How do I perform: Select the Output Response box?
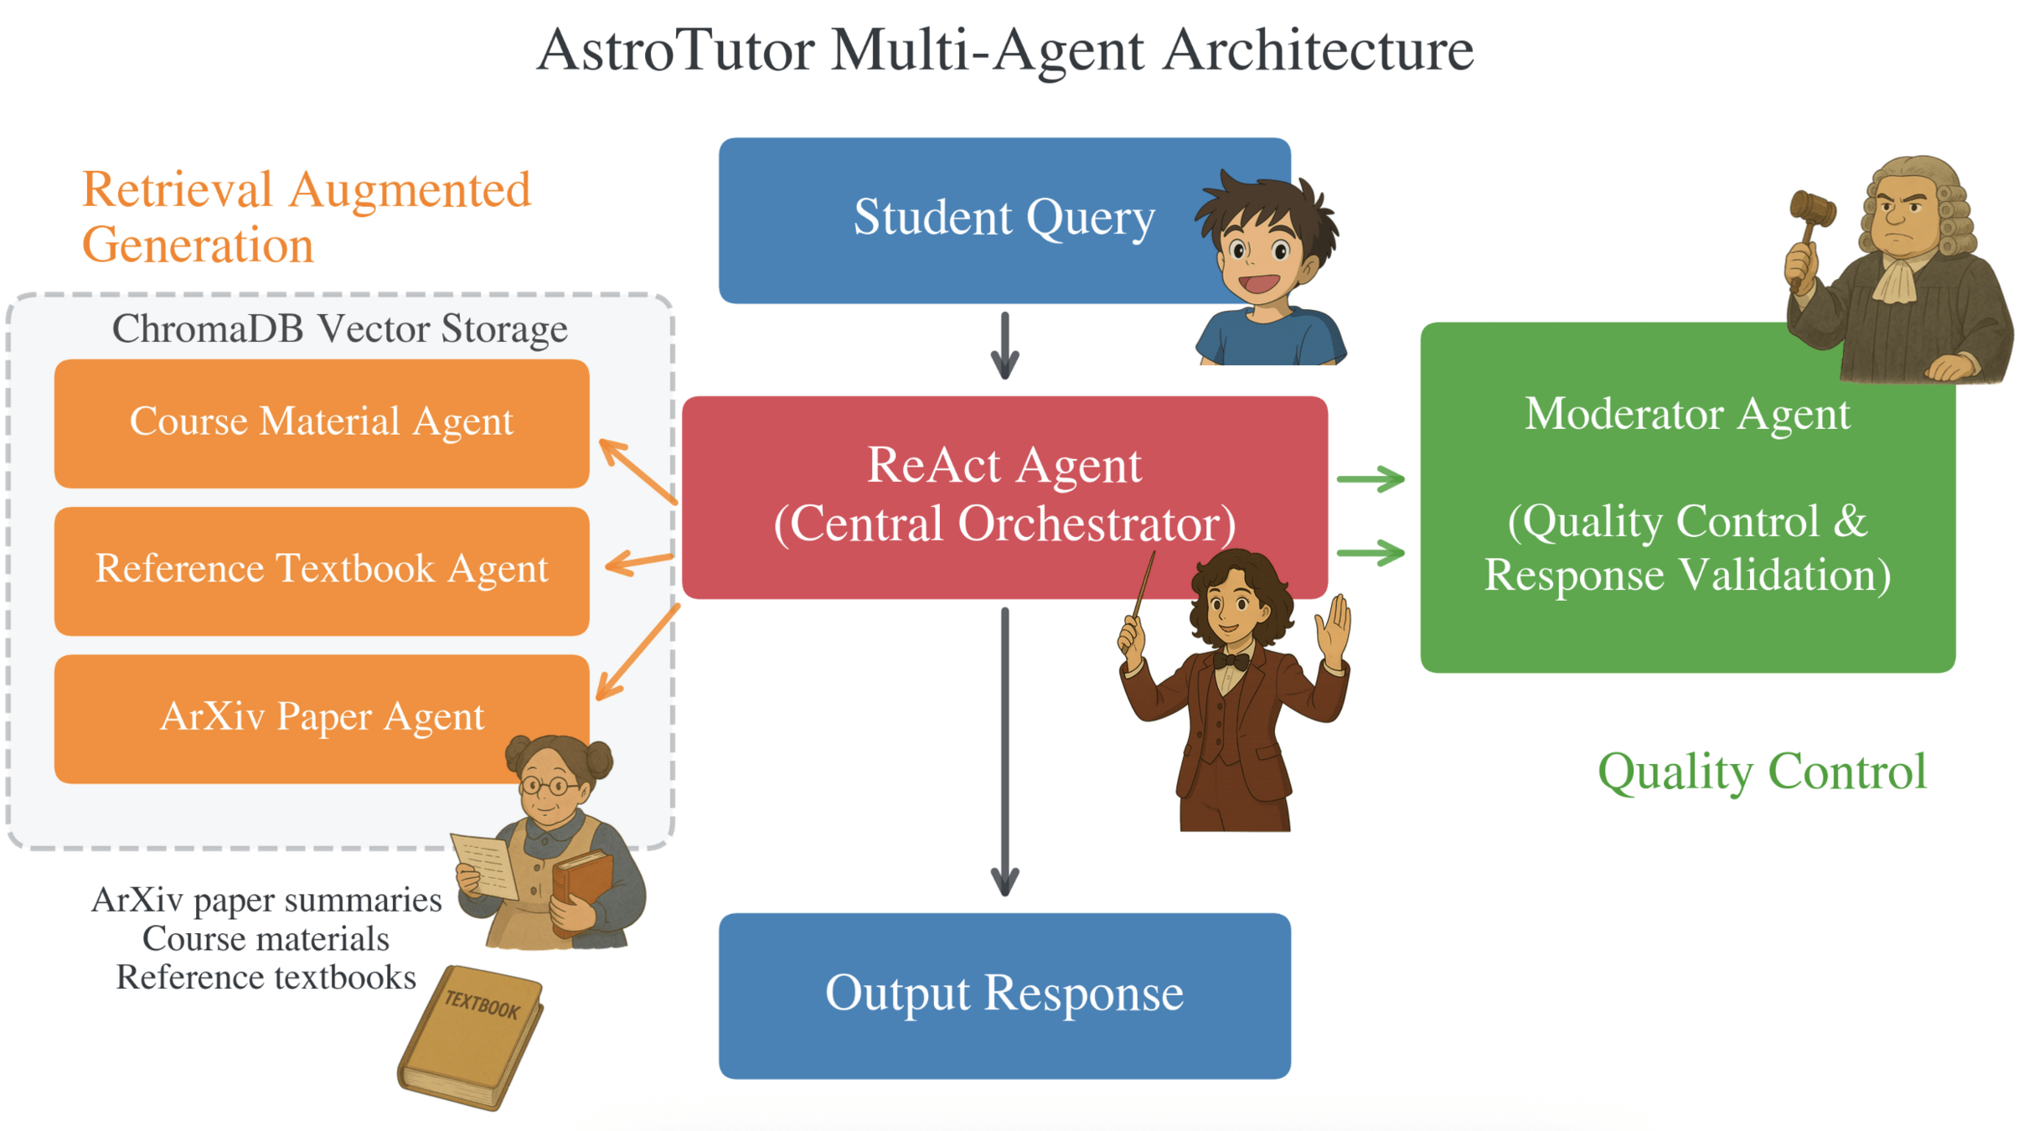(1004, 994)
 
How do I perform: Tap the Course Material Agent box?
(321, 422)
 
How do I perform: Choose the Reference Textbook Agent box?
(321, 570)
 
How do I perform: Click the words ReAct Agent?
(1004, 466)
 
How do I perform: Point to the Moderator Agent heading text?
(1686, 415)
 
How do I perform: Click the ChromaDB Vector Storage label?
(339, 329)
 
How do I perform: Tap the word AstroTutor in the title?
(675, 50)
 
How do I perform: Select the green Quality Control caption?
(1762, 772)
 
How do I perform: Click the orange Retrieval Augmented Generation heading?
(306, 216)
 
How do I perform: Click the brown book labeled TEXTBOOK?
(472, 1036)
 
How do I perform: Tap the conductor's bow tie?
(1231, 661)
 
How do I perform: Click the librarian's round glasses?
(549, 786)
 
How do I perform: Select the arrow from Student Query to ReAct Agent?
(1004, 346)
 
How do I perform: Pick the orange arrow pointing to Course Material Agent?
(637, 470)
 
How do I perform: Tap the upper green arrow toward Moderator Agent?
(1371, 479)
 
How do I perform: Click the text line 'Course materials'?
(266, 939)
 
